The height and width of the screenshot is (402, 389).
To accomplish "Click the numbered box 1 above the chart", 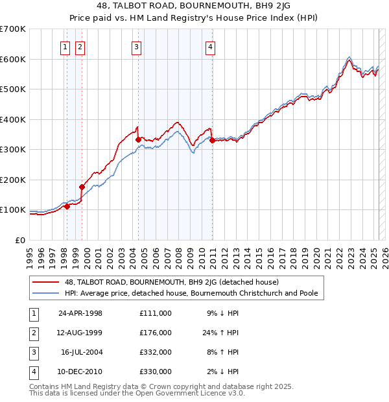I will pyautogui.click(x=66, y=47).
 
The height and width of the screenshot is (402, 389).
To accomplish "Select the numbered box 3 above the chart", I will pyautogui.click(x=137, y=47).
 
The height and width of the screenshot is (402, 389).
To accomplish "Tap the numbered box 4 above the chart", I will pyautogui.click(x=211, y=47).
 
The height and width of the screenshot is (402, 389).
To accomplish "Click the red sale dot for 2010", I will pyautogui.click(x=212, y=140).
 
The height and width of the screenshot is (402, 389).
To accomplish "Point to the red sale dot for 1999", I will pyautogui.click(x=82, y=187).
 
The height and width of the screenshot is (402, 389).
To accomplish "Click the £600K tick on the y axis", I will pyautogui.click(x=13, y=59).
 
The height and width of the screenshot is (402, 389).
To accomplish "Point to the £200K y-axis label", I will pyautogui.click(x=13, y=180).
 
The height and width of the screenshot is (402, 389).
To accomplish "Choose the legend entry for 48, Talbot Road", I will pyautogui.click(x=172, y=282).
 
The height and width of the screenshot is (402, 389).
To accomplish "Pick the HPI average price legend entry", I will pyautogui.click(x=191, y=293).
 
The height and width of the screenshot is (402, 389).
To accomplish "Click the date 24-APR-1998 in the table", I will pyautogui.click(x=80, y=313).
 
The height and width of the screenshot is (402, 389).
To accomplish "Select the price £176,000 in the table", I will pyautogui.click(x=156, y=333).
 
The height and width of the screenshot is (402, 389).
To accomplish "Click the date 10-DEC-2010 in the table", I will pyautogui.click(x=81, y=372).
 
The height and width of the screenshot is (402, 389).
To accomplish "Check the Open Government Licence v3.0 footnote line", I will pyautogui.click(x=137, y=393).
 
